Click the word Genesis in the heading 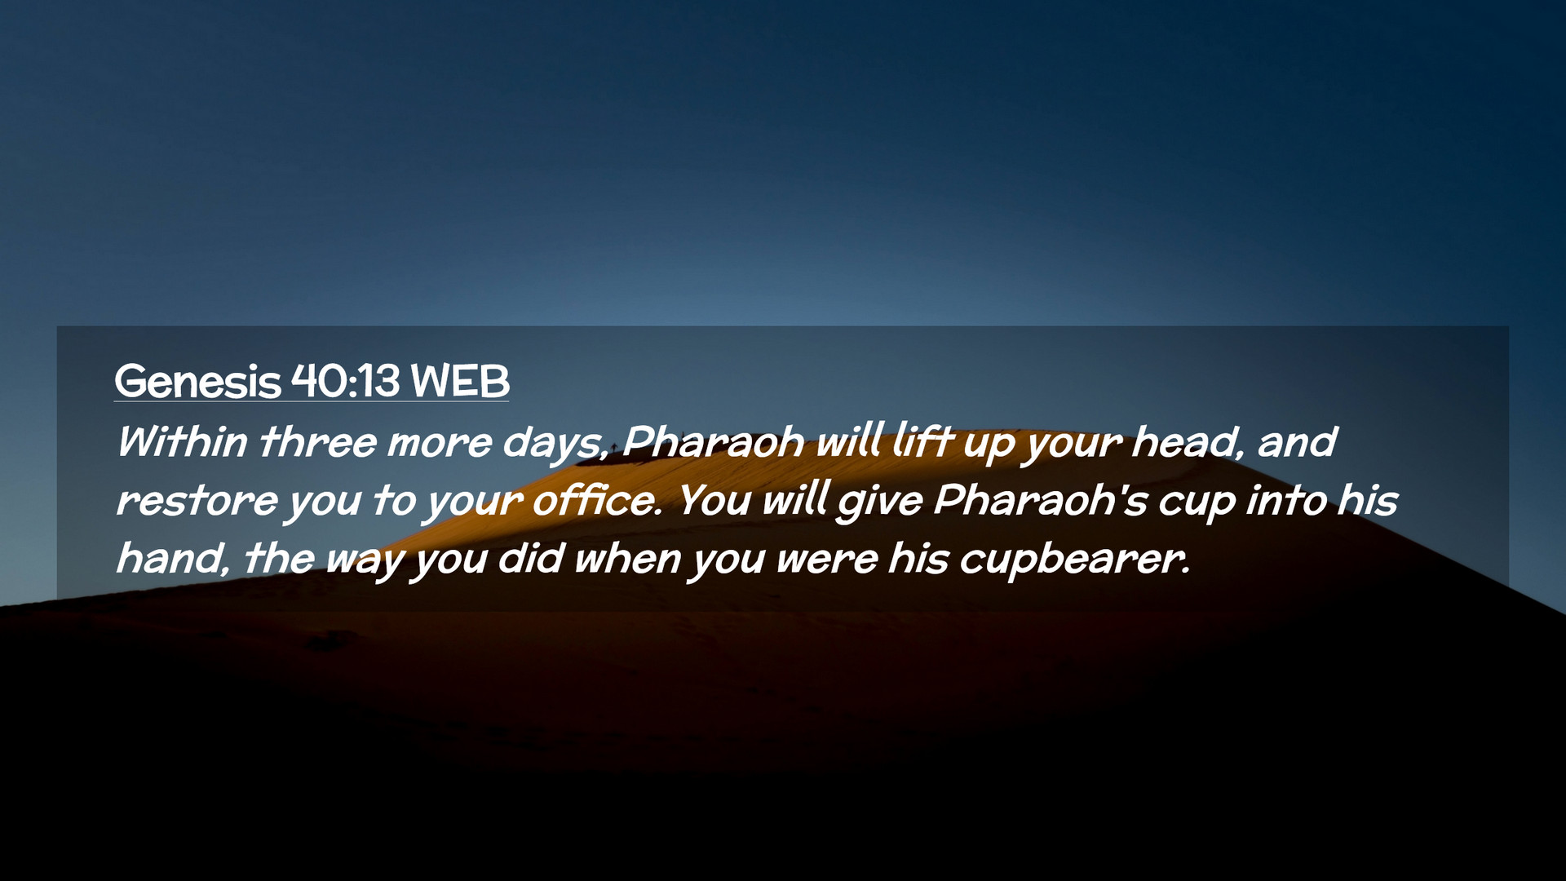point(197,381)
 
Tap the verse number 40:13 point(346,380)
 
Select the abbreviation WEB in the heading point(460,380)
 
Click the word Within point(182,442)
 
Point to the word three point(318,442)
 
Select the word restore point(197,501)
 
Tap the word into point(1285,500)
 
